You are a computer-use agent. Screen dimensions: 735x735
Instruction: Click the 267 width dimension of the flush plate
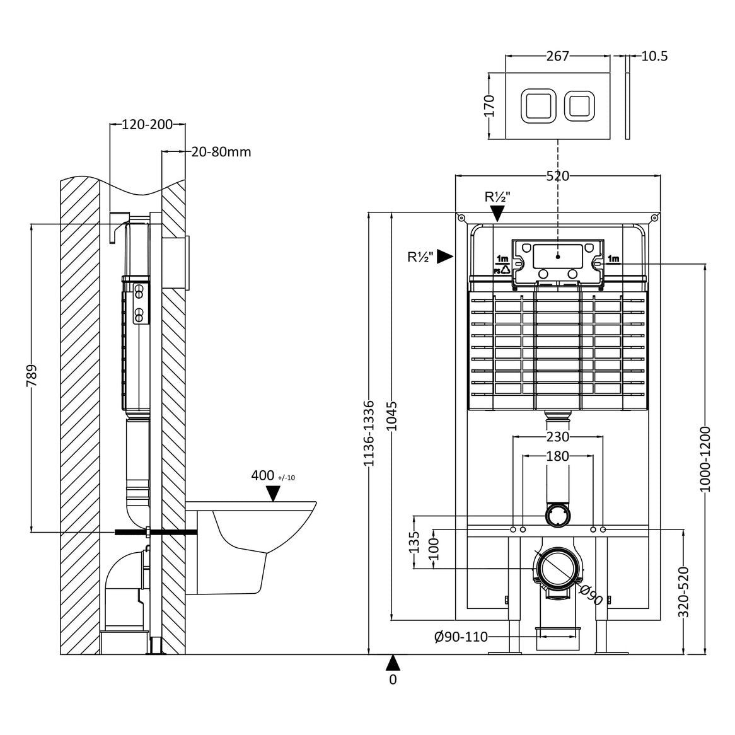[557, 56]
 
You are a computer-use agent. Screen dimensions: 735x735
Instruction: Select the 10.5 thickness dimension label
[654, 56]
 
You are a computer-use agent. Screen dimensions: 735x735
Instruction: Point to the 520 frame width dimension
[557, 176]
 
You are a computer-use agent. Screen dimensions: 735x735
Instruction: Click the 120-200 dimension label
[147, 124]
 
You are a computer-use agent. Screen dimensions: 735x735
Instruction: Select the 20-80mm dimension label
[221, 151]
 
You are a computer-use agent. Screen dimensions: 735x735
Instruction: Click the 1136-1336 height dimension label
[370, 433]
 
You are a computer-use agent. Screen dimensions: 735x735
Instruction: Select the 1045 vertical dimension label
[392, 415]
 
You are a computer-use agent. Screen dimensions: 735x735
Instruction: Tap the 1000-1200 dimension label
[705, 459]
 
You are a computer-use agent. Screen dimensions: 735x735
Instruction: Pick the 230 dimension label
[557, 436]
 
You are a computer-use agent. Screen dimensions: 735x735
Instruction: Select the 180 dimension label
[557, 456]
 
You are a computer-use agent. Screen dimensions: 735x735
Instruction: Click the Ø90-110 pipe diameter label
[461, 637]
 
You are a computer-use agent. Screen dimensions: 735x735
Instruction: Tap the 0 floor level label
[393, 680]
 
